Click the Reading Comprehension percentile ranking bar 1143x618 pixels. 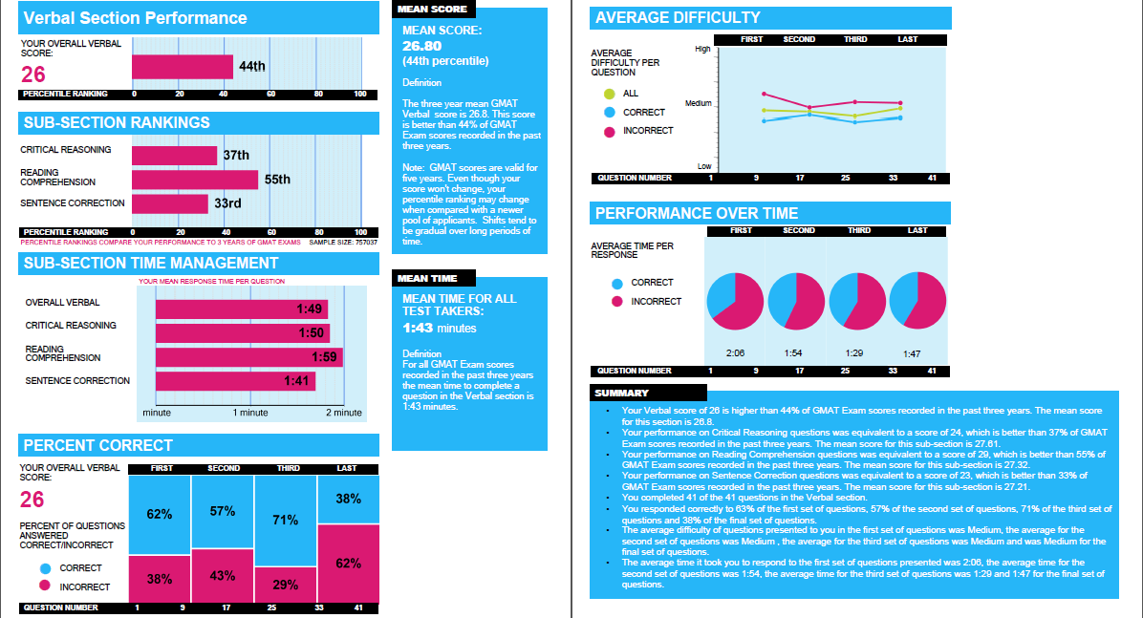pyautogui.click(x=195, y=180)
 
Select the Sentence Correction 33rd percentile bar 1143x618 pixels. pyautogui.click(x=169, y=203)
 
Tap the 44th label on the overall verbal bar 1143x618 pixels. pyautogui.click(x=252, y=66)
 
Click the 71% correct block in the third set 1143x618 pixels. pyautogui.click(x=286, y=521)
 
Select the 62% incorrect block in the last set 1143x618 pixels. pyautogui.click(x=348, y=564)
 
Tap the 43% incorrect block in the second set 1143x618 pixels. pyautogui.click(x=223, y=576)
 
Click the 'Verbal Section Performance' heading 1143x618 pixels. pyautogui.click(x=135, y=18)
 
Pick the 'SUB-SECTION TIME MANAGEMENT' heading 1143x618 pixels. pyautogui.click(x=151, y=263)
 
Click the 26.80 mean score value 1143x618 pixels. pyautogui.click(x=423, y=46)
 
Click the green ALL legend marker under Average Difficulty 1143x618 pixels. pyautogui.click(x=610, y=94)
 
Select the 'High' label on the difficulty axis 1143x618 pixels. pyautogui.click(x=702, y=49)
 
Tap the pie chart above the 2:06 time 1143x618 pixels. pyautogui.click(x=735, y=300)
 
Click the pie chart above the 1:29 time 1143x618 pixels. pyautogui.click(x=856, y=300)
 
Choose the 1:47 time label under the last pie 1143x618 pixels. pyautogui.click(x=912, y=353)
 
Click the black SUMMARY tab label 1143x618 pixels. pyautogui.click(x=622, y=393)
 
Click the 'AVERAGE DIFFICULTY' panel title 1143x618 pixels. pyautogui.click(x=678, y=17)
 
